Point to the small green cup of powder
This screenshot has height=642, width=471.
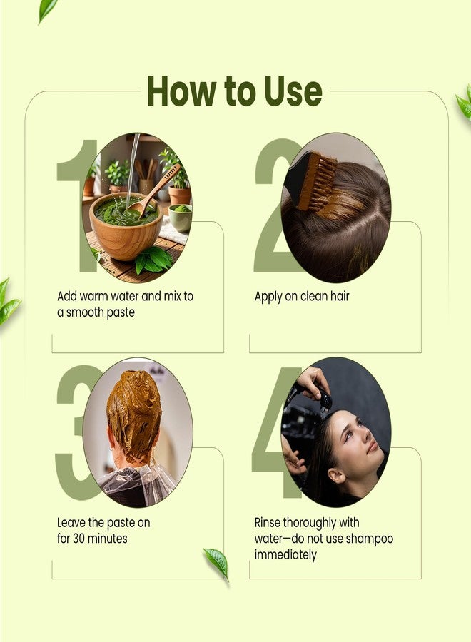pyautogui.click(x=181, y=218)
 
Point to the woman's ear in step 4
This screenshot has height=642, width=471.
pyautogui.click(x=337, y=474)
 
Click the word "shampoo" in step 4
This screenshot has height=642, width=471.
pyautogui.click(x=370, y=539)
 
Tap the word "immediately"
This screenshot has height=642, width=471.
pyautogui.click(x=285, y=556)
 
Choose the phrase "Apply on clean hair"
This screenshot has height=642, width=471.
pyautogui.click(x=302, y=297)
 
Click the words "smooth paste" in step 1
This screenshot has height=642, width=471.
pyautogui.click(x=101, y=313)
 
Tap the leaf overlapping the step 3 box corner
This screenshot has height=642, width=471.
pyautogui.click(x=216, y=563)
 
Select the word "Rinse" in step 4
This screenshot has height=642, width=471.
pyautogui.click(x=268, y=523)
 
